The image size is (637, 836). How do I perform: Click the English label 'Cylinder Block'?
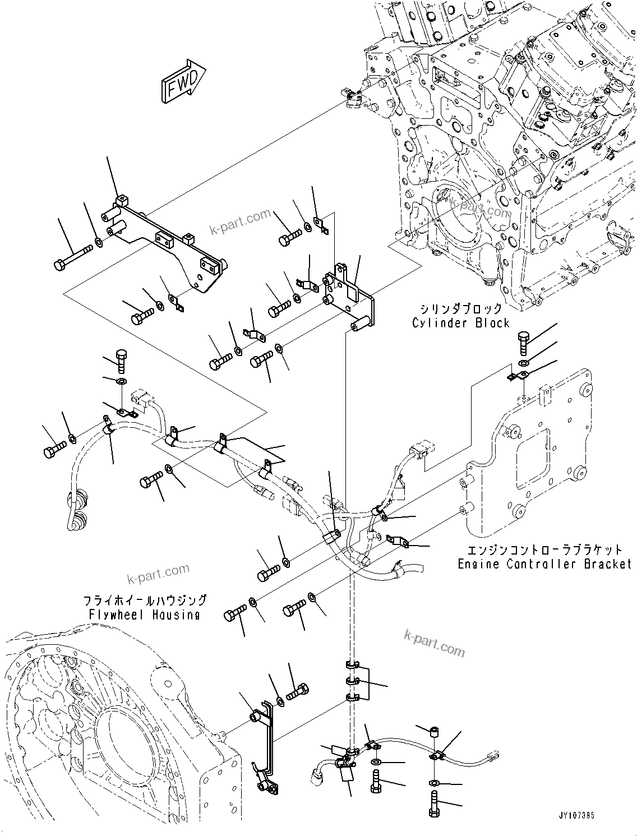[460, 323]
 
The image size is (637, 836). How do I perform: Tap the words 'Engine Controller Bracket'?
[544, 564]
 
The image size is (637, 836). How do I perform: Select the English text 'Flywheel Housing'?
[144, 615]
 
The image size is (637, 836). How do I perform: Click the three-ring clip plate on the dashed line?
[357, 682]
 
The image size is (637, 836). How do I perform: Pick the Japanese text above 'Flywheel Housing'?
[145, 601]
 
